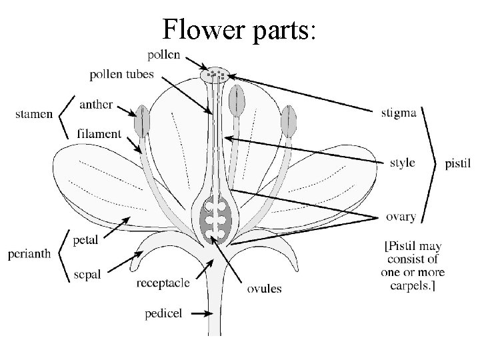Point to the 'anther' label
[95, 105]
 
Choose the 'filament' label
[99, 133]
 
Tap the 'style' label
[402, 162]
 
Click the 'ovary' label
[401, 216]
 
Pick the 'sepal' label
[87, 275]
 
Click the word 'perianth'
[29, 254]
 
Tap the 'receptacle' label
[163, 283]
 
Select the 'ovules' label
[264, 289]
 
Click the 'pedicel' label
[162, 312]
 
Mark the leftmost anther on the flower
[141, 121]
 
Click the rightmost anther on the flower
[289, 122]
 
